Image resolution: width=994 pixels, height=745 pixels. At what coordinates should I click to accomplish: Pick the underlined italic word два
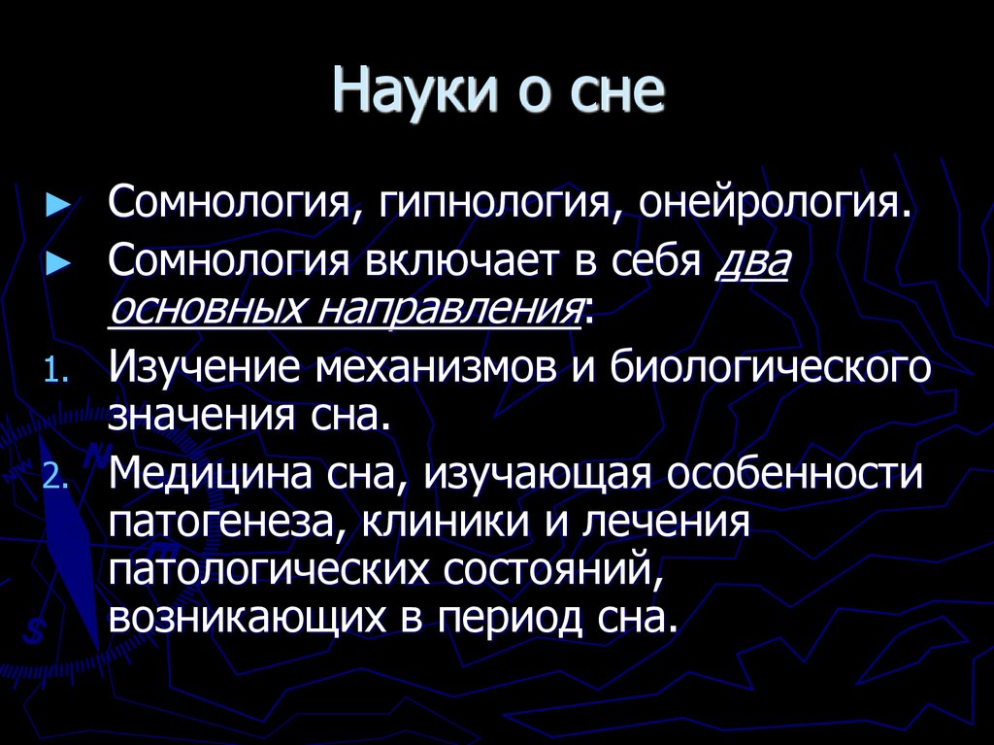[753, 262]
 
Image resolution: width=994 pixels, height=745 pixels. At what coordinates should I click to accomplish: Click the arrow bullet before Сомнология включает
[59, 263]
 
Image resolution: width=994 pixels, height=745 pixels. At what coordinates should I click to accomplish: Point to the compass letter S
[35, 628]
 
